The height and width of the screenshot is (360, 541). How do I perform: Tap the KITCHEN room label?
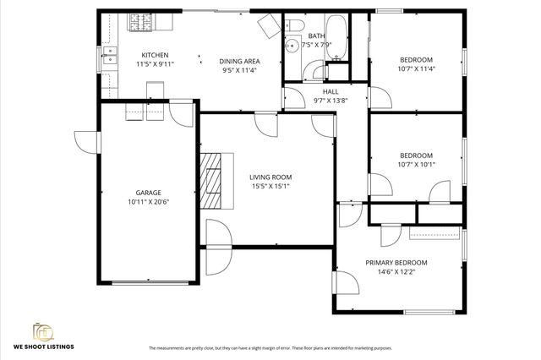click(154, 55)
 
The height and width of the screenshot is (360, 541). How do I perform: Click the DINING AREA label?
click(239, 61)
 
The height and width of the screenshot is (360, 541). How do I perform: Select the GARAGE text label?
click(149, 193)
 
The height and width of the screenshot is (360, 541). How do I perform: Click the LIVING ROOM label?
click(270, 177)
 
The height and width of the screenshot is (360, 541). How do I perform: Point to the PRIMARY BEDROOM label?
click(396, 262)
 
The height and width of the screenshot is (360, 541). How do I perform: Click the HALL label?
click(331, 90)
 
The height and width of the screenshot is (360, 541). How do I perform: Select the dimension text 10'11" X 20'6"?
click(149, 203)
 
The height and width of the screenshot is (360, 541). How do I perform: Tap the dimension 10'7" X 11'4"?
click(416, 69)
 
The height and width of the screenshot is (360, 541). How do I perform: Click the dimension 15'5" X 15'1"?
click(270, 187)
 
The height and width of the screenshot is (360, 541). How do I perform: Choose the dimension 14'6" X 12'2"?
click(396, 271)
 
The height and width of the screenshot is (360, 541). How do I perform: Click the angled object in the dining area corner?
click(270, 25)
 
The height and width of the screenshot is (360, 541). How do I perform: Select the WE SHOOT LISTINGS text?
click(43, 346)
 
